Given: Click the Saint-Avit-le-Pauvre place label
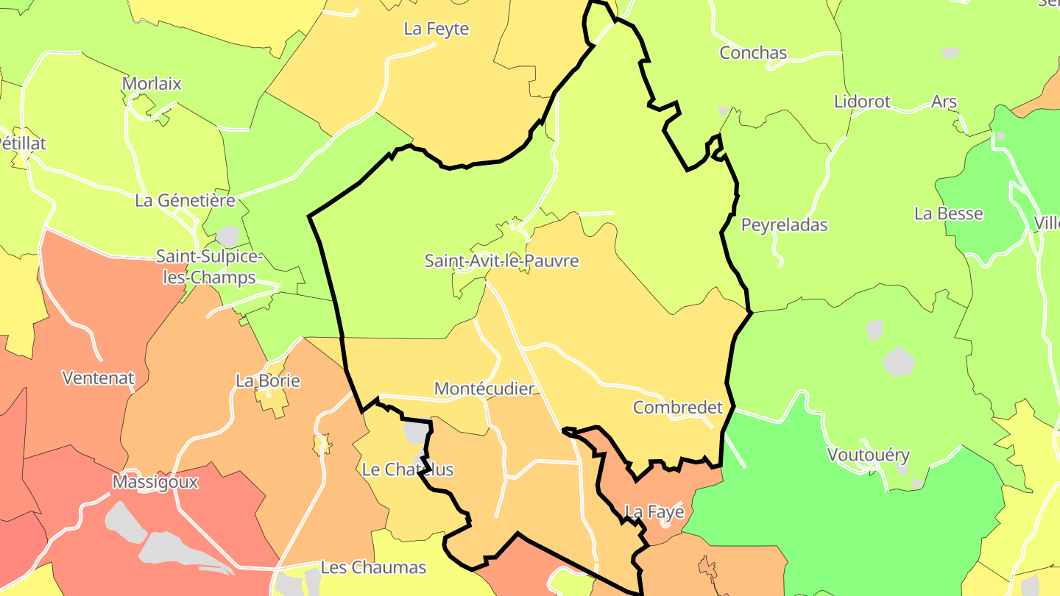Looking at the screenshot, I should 501,261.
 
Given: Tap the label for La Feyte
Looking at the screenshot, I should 436,29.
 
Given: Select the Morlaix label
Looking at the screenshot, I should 152,84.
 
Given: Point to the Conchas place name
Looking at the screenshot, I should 753,53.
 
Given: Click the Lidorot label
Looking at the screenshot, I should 862,102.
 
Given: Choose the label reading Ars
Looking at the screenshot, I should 944,102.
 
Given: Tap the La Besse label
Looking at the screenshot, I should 948,214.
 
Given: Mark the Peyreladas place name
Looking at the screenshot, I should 784,225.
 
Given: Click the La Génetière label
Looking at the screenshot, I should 185,200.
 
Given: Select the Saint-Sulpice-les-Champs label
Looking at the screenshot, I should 208,267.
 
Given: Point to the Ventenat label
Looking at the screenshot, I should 98,378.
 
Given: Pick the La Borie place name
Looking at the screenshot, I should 268,381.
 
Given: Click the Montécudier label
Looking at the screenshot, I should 484,389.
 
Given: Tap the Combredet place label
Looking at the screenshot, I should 678,408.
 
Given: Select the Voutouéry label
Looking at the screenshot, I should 869,455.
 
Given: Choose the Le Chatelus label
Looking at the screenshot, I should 408,469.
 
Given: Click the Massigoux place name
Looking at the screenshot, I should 155,482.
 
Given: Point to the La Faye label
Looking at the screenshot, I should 654,511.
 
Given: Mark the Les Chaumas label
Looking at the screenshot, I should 373,567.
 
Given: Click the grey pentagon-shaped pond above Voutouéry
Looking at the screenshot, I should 899,361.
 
